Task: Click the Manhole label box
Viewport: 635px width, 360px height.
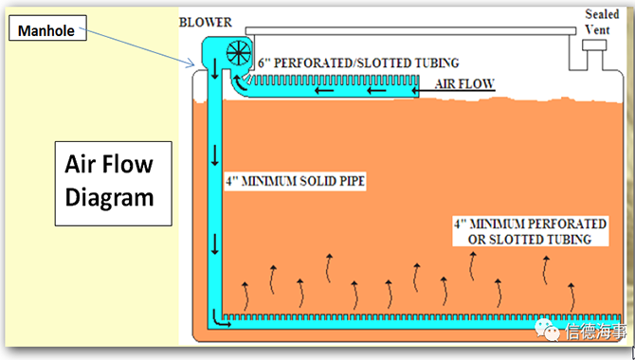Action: click(x=47, y=27)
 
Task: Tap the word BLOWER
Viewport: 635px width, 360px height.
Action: click(x=206, y=22)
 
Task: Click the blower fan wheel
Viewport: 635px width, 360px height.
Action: click(x=239, y=53)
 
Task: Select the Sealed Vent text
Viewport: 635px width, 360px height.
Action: click(x=602, y=22)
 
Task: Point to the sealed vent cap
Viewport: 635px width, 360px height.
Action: click(x=594, y=45)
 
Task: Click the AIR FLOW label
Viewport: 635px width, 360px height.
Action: click(x=464, y=83)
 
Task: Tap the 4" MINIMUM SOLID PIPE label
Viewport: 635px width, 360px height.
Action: click(x=295, y=181)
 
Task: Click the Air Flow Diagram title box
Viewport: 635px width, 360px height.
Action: click(x=114, y=184)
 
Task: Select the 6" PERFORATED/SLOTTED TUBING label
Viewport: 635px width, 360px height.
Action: click(x=358, y=63)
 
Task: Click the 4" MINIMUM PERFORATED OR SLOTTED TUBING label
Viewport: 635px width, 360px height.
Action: click(x=530, y=231)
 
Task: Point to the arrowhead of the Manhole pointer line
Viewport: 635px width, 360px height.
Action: click(x=193, y=64)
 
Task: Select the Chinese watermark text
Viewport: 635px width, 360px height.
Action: click(x=596, y=332)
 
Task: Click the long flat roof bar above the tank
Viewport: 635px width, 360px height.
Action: click(x=410, y=31)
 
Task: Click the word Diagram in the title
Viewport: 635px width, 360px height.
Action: click(x=109, y=198)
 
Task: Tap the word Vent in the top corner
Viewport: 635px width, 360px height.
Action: click(x=597, y=29)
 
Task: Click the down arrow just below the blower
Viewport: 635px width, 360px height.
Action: click(x=214, y=69)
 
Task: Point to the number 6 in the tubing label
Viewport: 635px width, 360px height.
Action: click(x=262, y=63)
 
